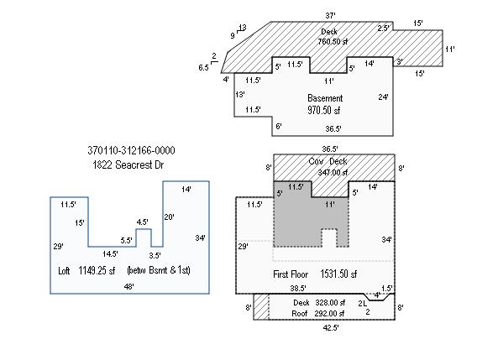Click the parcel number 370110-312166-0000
[131, 150]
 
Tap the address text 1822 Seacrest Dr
[128, 164]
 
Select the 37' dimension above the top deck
[330, 15]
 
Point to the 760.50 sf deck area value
[333, 41]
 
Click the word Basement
[325, 98]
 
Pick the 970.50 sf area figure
[323, 110]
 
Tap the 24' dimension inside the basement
[383, 97]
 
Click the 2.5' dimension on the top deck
[383, 29]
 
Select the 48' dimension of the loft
[129, 286]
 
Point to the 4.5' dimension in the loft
[143, 222]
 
